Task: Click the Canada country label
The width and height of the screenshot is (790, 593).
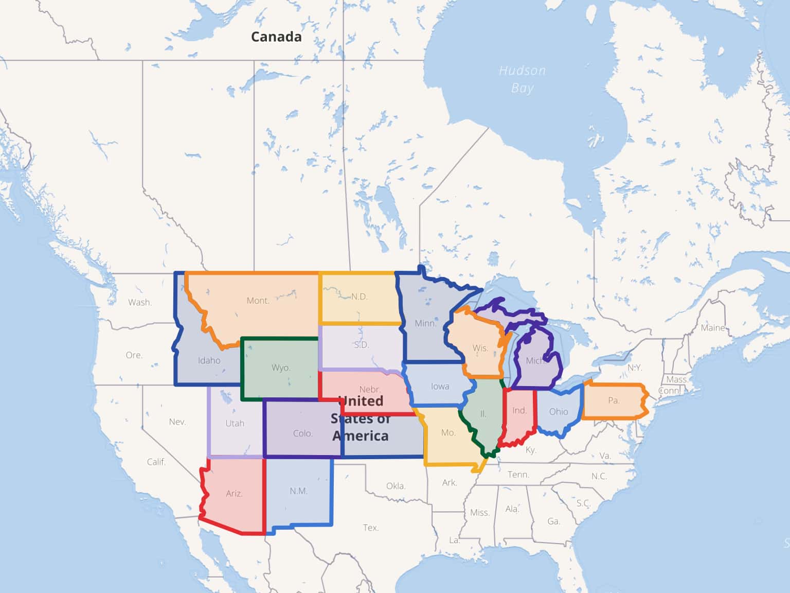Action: [276, 37]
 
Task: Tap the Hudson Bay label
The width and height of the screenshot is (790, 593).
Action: [522, 79]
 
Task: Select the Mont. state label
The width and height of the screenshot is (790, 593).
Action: [258, 301]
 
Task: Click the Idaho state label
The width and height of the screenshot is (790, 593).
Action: [209, 360]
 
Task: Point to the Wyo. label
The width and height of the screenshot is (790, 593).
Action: [281, 368]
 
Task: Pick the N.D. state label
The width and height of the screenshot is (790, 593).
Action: [360, 296]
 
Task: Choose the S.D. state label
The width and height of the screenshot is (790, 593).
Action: [362, 345]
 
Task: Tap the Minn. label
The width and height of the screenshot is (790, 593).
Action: [425, 323]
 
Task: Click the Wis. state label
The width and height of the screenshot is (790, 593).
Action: [480, 348]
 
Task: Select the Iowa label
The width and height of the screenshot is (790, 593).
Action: [440, 387]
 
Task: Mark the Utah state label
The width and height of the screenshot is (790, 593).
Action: [235, 423]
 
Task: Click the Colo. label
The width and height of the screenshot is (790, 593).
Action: [302, 433]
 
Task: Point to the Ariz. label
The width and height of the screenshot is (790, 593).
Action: [234, 493]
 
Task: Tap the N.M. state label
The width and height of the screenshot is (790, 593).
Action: [298, 491]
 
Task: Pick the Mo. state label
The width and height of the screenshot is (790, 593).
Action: [448, 433]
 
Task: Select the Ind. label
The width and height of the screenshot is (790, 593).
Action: [519, 410]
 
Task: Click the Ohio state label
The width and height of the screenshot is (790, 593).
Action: [559, 411]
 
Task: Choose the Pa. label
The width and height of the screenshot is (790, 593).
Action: [614, 400]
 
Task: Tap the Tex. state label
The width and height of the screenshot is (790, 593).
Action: [370, 528]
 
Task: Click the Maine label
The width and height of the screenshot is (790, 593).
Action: [713, 328]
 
